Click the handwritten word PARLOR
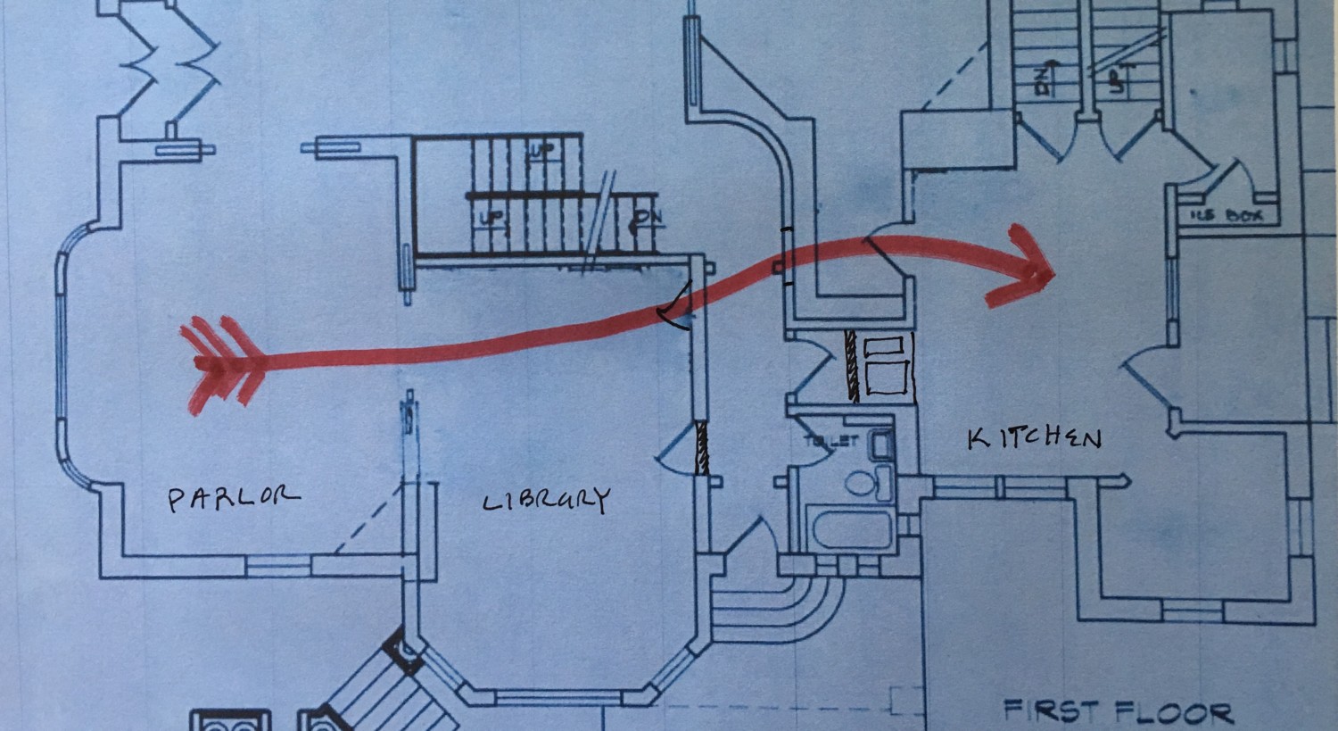234,497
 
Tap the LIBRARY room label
546,500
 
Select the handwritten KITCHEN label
1035,437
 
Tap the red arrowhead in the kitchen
1026,264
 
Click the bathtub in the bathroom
852,529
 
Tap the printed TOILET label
830,440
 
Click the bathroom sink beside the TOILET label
882,443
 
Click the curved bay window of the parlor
62,357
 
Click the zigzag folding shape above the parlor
169,67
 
